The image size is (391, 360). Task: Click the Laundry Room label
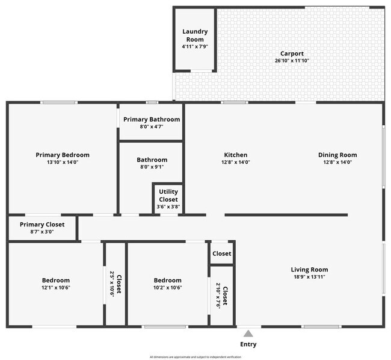pyautogui.click(x=195, y=35)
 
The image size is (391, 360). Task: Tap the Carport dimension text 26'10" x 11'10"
pyautogui.click(x=292, y=61)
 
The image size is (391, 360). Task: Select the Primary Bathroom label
pyautogui.click(x=152, y=119)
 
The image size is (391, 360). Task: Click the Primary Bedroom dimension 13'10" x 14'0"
pyautogui.click(x=63, y=162)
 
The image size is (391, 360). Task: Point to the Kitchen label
pyautogui.click(x=235, y=155)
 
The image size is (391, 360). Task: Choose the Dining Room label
pyautogui.click(x=337, y=155)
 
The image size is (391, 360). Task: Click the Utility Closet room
pyautogui.click(x=168, y=199)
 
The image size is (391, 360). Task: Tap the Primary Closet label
pyautogui.click(x=41, y=225)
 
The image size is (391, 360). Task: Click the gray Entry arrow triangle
pyautogui.click(x=248, y=332)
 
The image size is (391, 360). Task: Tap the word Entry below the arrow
pyautogui.click(x=248, y=344)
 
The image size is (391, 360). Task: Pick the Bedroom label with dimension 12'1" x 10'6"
pyautogui.click(x=55, y=280)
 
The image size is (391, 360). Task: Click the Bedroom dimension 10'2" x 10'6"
pyautogui.click(x=167, y=288)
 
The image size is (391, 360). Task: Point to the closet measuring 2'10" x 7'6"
pyautogui.click(x=221, y=296)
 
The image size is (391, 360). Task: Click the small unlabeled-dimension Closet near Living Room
pyautogui.click(x=221, y=253)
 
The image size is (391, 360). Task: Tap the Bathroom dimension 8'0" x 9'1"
pyautogui.click(x=152, y=167)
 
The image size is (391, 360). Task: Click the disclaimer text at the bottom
pyautogui.click(x=195, y=356)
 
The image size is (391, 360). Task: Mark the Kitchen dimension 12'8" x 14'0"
pyautogui.click(x=235, y=162)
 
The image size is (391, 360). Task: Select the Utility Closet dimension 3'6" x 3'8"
pyautogui.click(x=168, y=206)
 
